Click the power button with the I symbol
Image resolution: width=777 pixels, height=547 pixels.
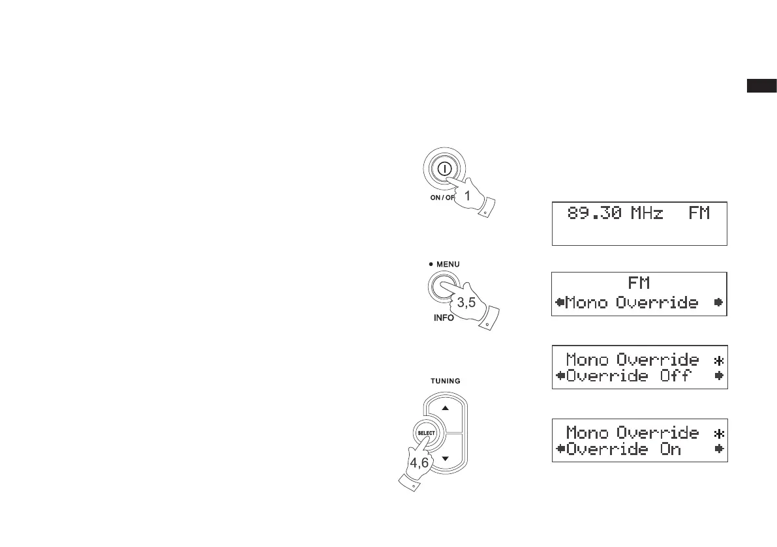click(443, 168)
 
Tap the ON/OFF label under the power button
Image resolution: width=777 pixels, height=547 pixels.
click(444, 198)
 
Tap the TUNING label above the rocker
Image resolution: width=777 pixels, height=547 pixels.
click(446, 381)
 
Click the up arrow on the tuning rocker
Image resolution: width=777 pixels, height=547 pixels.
click(446, 408)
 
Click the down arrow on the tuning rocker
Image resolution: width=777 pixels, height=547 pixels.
click(446, 459)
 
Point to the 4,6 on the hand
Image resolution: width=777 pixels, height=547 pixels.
click(419, 462)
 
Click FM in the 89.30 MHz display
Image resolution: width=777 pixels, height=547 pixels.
click(699, 213)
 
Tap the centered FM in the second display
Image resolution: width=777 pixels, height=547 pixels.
click(639, 284)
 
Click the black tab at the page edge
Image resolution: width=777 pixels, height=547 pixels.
click(761, 85)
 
